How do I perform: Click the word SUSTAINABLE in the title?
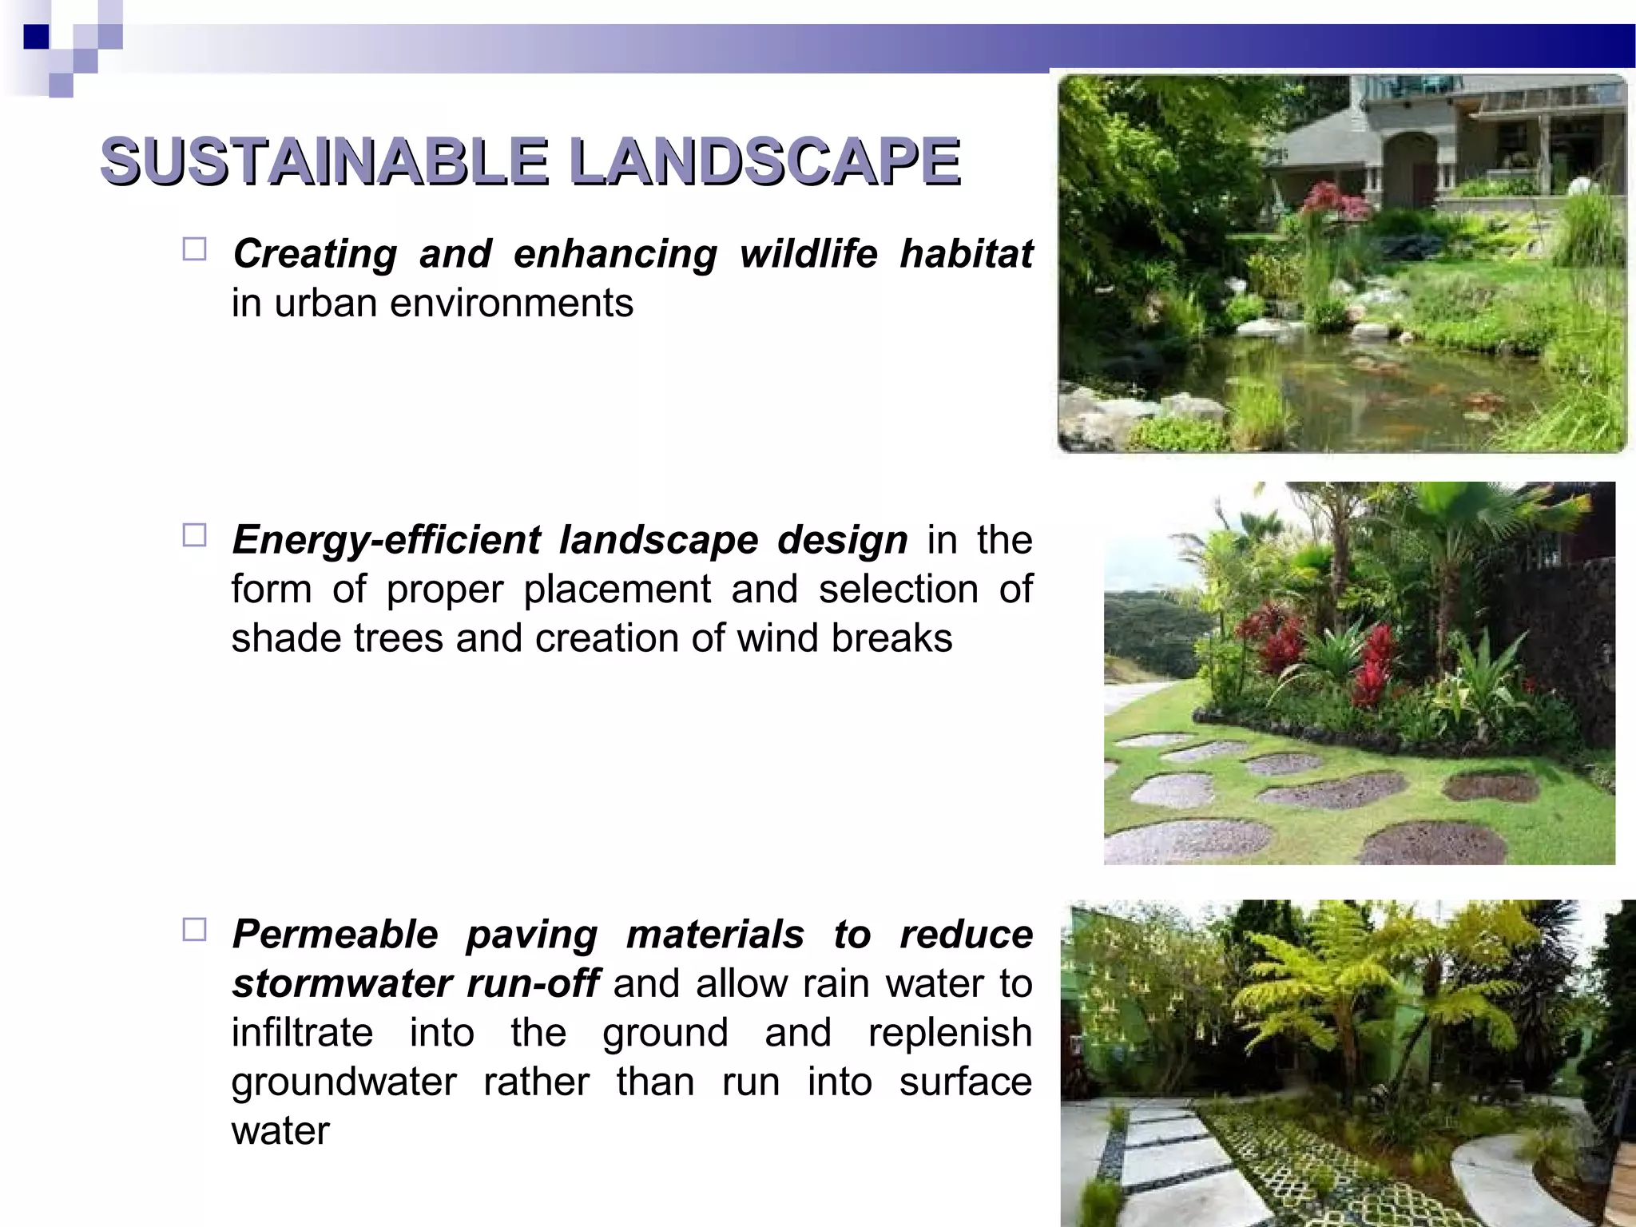point(324,161)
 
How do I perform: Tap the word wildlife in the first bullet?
point(808,254)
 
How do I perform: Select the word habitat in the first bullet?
point(966,254)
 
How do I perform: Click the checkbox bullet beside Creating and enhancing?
point(194,249)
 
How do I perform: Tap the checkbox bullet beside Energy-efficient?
point(194,535)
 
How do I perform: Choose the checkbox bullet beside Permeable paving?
point(194,930)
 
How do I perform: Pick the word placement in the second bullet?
point(617,590)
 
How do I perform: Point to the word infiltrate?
point(302,1033)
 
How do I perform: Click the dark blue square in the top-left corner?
point(36,37)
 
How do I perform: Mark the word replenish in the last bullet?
point(950,1033)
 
